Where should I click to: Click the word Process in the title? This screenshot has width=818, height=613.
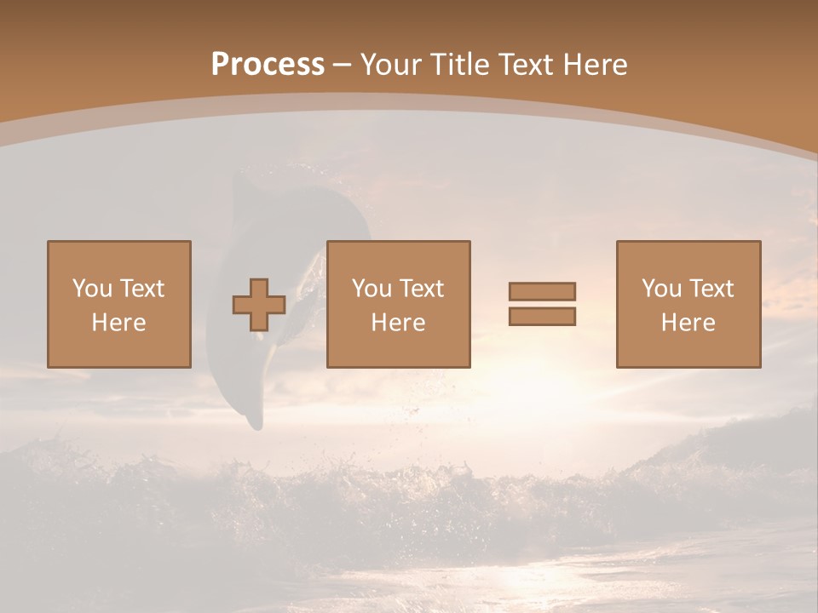(268, 65)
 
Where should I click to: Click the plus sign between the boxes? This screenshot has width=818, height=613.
(259, 305)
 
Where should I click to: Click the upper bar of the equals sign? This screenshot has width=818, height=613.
(542, 291)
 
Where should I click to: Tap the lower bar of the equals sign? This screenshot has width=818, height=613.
(542, 316)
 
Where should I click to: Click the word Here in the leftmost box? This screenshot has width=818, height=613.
(118, 323)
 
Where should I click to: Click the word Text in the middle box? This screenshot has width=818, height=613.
(421, 289)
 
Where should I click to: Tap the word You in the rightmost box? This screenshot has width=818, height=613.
(661, 289)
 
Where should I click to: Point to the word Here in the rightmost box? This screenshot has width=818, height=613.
(688, 323)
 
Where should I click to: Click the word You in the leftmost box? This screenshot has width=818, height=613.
(92, 289)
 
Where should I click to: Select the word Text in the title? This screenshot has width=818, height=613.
(522, 65)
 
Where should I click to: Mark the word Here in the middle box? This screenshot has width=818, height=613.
(398, 323)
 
